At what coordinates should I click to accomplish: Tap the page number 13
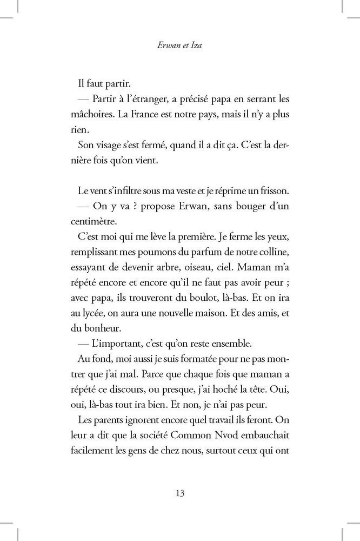pyautogui.click(x=180, y=493)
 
